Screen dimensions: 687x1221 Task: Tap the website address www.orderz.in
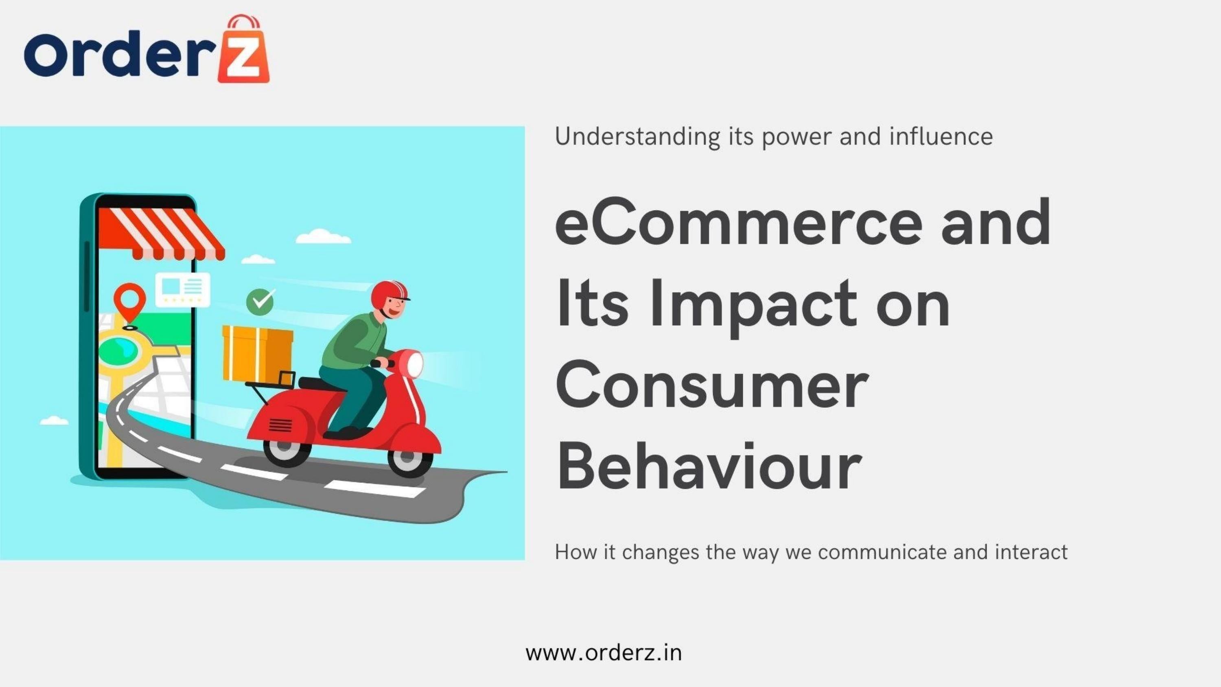click(604, 653)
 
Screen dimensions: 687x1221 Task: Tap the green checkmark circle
click(260, 302)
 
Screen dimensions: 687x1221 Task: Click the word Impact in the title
click(754, 304)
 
